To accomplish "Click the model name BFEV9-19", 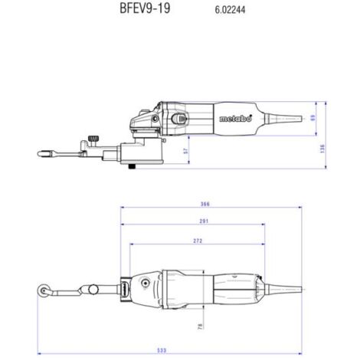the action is (145, 8).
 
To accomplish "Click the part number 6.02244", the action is (230, 10).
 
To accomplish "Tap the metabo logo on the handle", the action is (235, 119).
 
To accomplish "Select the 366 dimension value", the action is (205, 204).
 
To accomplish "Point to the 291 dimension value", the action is (204, 221).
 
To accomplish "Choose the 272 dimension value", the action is (198, 241).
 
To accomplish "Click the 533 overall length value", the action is (162, 350).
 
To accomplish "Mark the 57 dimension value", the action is (186, 151).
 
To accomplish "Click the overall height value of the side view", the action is (322, 149).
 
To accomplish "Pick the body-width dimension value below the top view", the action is (200, 326).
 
